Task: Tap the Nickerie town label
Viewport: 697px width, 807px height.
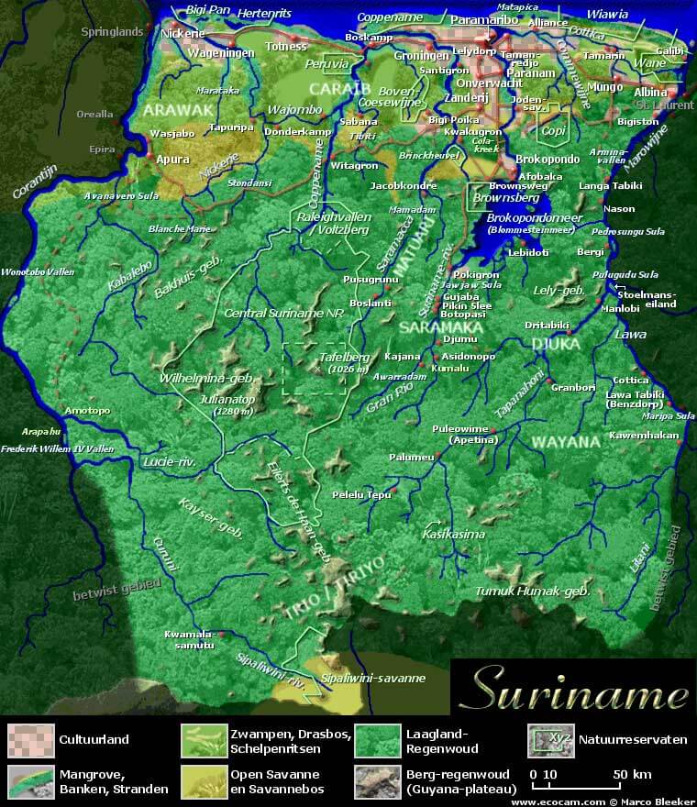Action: pyautogui.click(x=182, y=35)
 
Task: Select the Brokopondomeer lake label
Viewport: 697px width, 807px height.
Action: pyautogui.click(x=534, y=218)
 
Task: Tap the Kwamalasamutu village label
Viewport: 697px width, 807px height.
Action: pyautogui.click(x=189, y=639)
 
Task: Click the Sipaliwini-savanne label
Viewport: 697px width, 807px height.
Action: pyautogui.click(x=373, y=679)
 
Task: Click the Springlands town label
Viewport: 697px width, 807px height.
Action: pyautogui.click(x=113, y=31)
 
